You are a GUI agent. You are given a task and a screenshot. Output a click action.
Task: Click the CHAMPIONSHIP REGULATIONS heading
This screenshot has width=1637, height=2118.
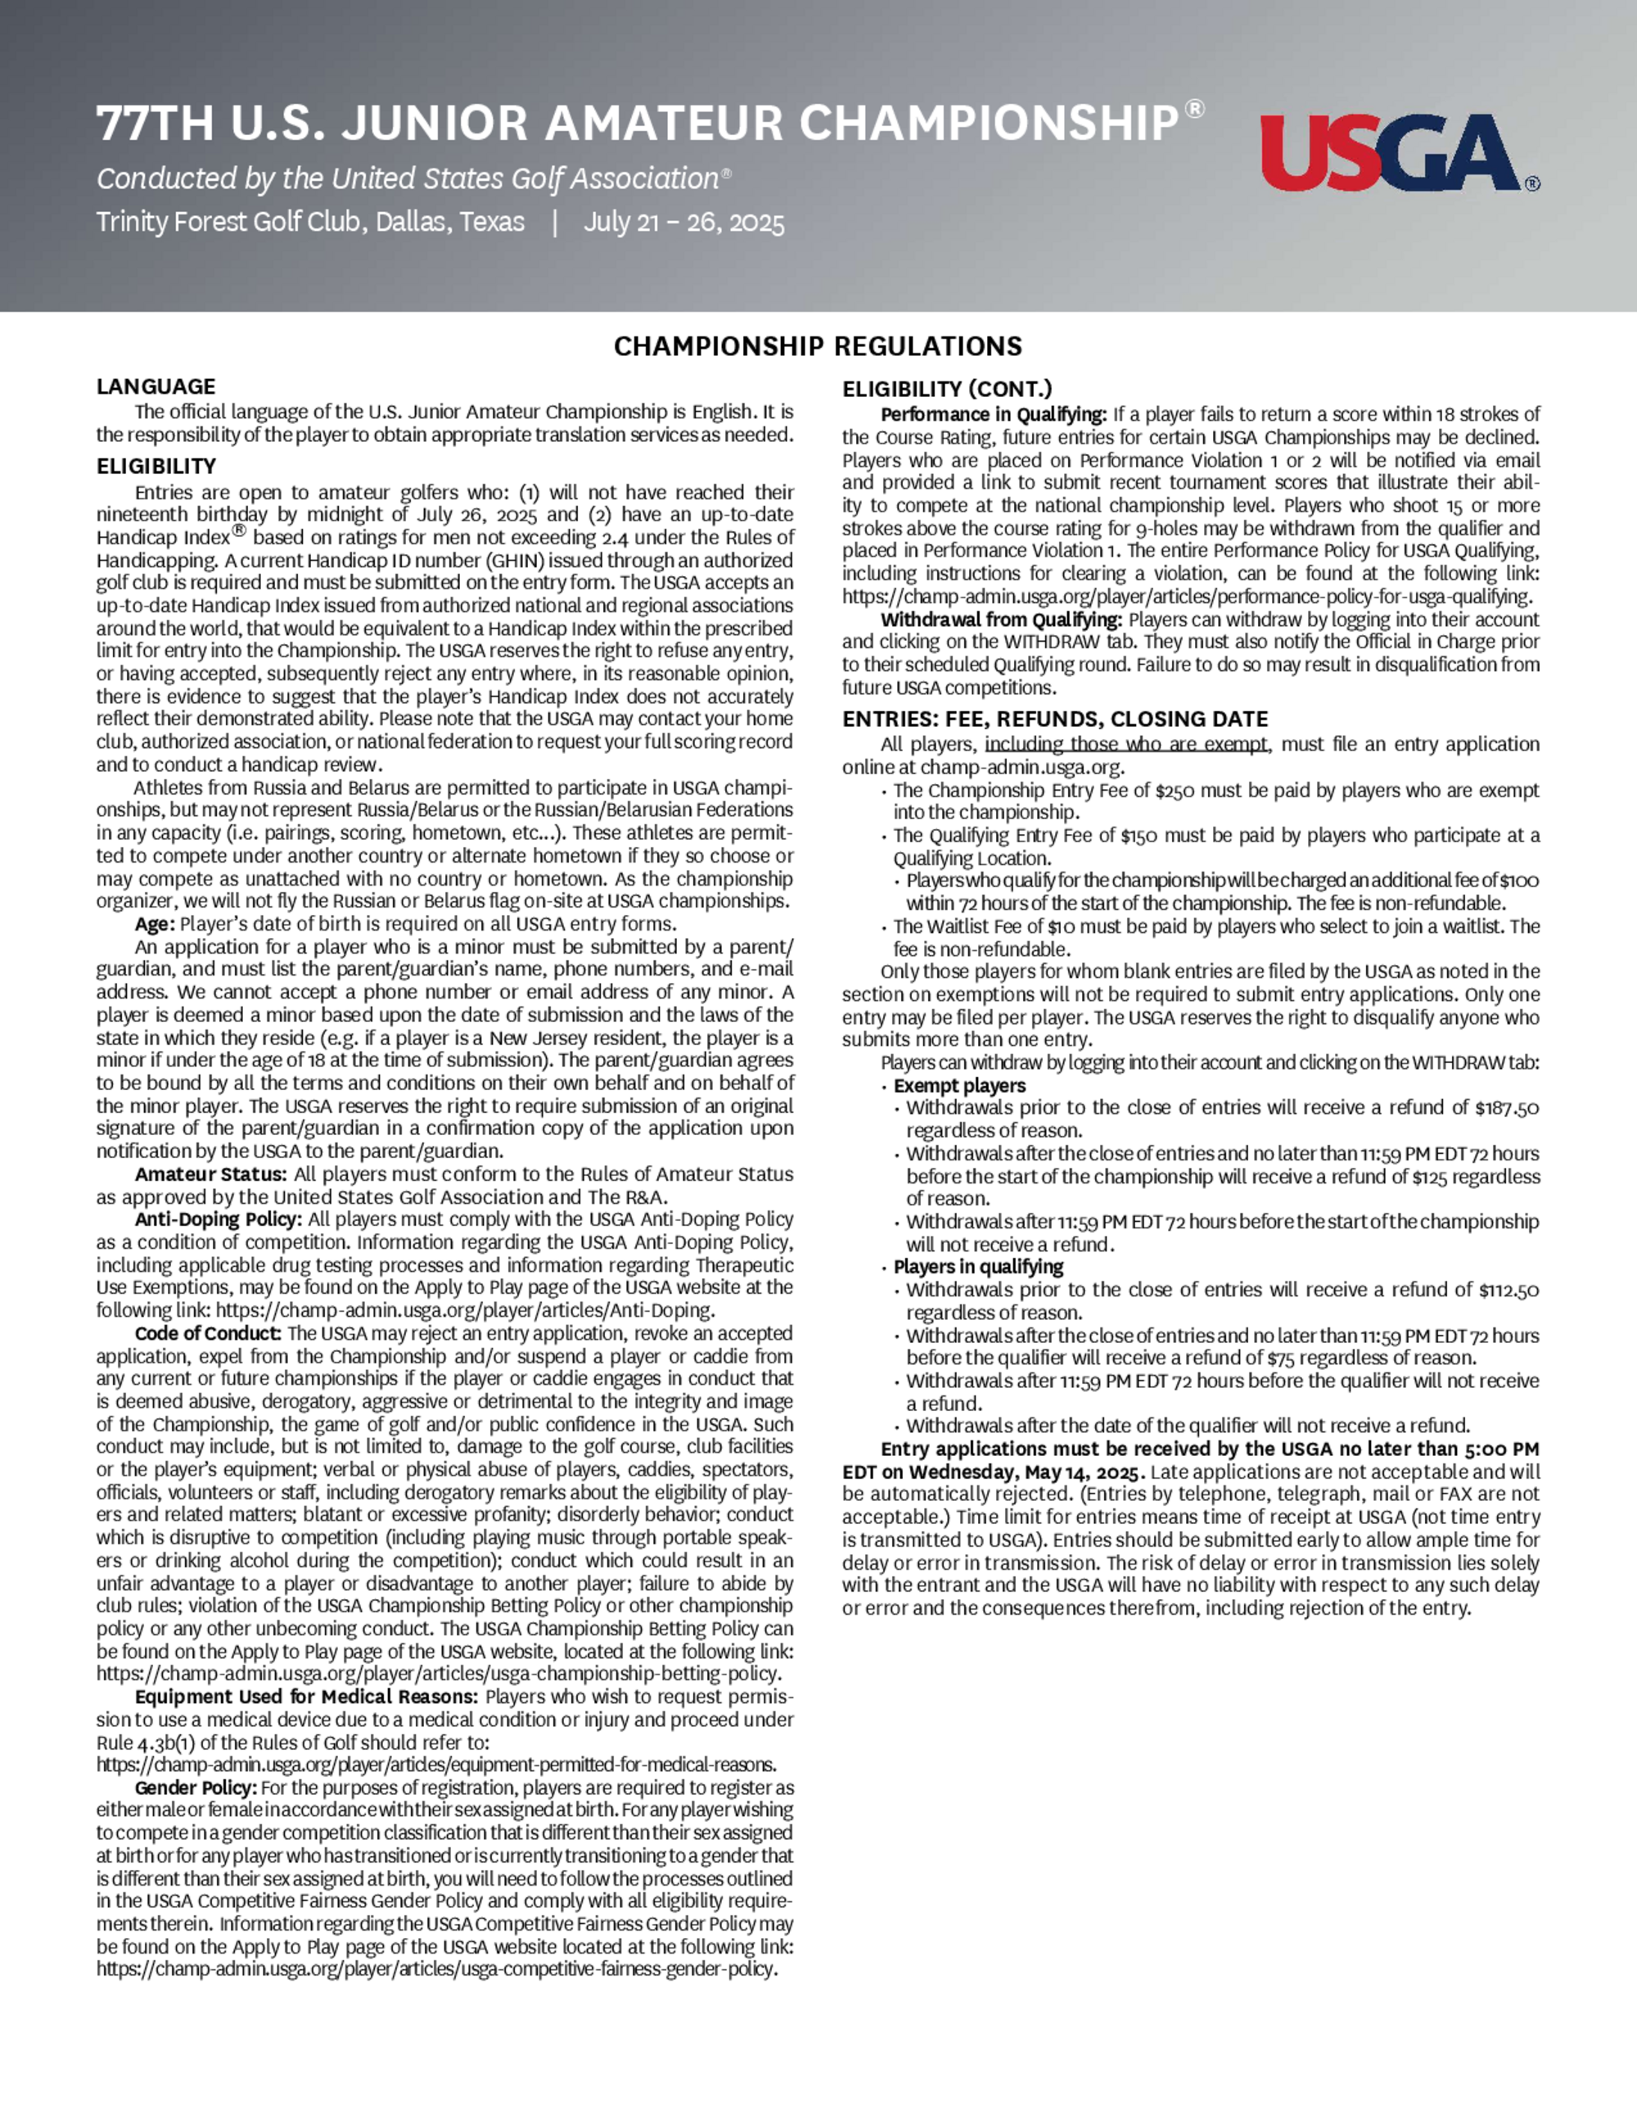[818, 346]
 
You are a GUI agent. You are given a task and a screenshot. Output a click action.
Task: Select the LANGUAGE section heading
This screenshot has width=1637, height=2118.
[156, 386]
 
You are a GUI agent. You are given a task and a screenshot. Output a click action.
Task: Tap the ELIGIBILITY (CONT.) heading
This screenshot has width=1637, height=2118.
[946, 389]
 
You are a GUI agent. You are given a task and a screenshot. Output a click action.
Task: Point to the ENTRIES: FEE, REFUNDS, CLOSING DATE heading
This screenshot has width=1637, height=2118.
[1054, 719]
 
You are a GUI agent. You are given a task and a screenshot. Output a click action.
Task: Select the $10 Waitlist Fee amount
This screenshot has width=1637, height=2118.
[1061, 926]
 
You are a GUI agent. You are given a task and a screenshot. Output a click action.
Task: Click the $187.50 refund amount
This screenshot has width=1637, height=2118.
[1506, 1107]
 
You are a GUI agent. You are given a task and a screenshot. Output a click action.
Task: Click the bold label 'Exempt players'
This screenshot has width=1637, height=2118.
[959, 1085]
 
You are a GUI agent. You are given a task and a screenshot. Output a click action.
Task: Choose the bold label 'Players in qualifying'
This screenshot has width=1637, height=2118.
[977, 1267]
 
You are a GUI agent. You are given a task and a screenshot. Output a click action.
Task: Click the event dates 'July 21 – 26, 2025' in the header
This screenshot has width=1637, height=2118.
[683, 222]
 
